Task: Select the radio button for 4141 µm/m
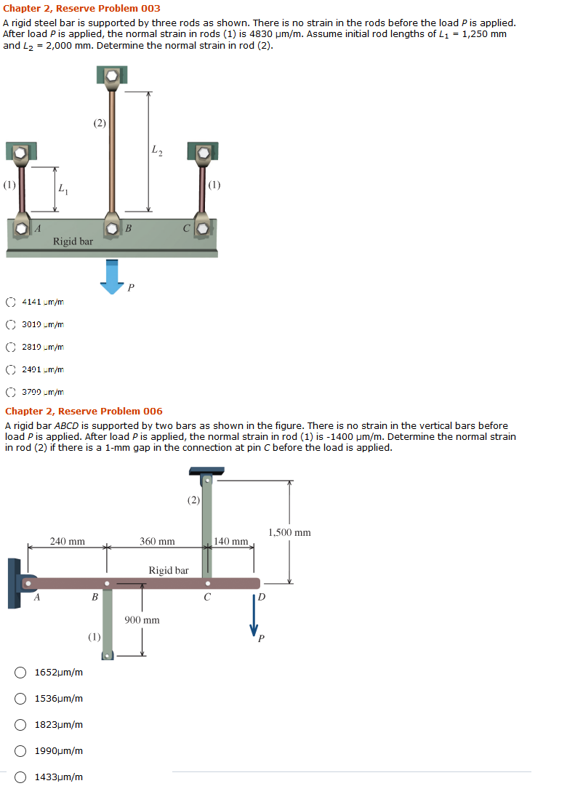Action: pyautogui.click(x=11, y=301)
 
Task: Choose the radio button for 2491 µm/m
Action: pyautogui.click(x=11, y=369)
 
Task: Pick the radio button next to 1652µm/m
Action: pyautogui.click(x=22, y=673)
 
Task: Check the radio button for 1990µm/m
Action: pyautogui.click(x=22, y=750)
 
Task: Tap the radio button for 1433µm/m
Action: pyautogui.click(x=22, y=777)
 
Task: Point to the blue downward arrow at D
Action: pyautogui.click(x=254, y=617)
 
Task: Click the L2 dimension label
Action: pyautogui.click(x=157, y=151)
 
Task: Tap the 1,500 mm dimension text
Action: pyautogui.click(x=289, y=532)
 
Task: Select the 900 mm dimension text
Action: pyautogui.click(x=142, y=620)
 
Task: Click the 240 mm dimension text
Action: pyautogui.click(x=67, y=541)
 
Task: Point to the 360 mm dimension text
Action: pyautogui.click(x=157, y=541)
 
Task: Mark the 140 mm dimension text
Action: pyautogui.click(x=232, y=541)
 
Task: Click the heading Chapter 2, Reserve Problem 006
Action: pyautogui.click(x=84, y=412)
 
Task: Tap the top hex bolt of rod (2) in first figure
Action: pyautogui.click(x=111, y=75)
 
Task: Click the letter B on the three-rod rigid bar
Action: pyautogui.click(x=128, y=229)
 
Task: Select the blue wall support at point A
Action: pyautogui.click(x=15, y=583)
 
